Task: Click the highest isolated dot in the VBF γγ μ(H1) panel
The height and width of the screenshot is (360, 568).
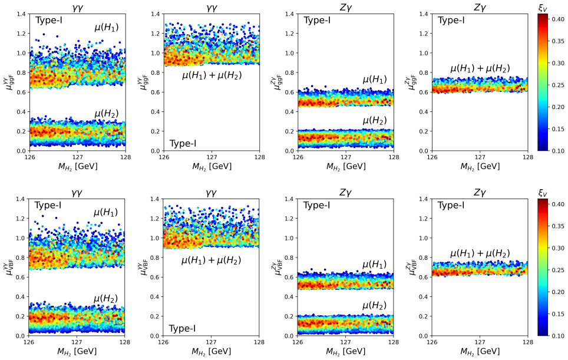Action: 43,216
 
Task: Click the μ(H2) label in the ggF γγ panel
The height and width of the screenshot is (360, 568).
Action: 107,113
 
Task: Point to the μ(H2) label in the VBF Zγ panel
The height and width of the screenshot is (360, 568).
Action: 375,305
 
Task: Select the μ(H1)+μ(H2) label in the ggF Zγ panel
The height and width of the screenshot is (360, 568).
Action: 480,68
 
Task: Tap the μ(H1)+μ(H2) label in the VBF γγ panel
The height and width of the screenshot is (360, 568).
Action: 211,260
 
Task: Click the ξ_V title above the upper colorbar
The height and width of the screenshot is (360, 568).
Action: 543,8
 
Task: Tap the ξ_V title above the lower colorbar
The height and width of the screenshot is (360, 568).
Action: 543,193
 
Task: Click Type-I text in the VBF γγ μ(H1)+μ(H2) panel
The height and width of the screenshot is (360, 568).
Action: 182,329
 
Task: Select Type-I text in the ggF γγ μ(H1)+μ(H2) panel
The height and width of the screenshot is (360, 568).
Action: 183,143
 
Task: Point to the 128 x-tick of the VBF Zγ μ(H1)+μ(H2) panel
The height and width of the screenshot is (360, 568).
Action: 528,342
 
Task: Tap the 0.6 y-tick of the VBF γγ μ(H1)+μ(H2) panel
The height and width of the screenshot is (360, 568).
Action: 155,277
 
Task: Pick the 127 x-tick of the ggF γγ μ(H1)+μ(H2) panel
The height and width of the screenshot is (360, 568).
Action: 212,157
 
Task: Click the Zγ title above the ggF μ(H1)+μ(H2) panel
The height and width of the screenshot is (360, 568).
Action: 480,7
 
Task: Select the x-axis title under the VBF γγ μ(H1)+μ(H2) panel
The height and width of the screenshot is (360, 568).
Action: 211,351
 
